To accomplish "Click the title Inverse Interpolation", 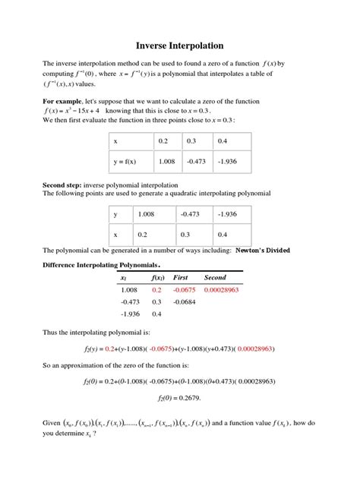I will [179, 46].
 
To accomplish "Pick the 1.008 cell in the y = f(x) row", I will [166, 161].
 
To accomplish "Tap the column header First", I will [181, 278].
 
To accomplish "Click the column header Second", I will [216, 278].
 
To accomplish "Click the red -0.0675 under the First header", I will [184, 290].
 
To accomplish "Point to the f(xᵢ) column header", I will [157, 278].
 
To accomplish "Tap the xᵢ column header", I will [125, 278].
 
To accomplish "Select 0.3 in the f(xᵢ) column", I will [157, 302].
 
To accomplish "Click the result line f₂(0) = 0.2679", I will [179, 397].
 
